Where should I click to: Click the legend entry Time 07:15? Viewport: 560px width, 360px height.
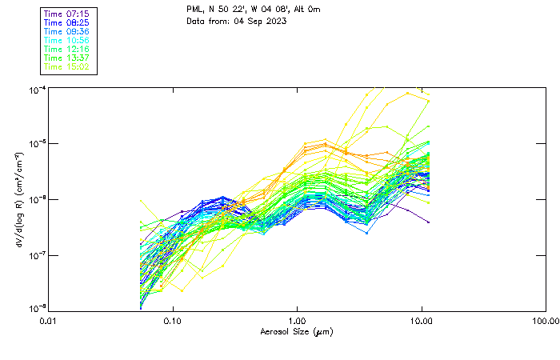[x=68, y=14]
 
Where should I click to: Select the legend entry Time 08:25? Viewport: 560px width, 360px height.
[x=68, y=22]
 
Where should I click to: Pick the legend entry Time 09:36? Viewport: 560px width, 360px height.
[x=68, y=31]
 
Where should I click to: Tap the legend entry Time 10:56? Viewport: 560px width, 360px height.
[x=68, y=40]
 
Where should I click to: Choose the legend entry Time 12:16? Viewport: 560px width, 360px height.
[x=68, y=49]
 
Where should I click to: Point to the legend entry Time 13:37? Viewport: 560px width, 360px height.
[x=68, y=58]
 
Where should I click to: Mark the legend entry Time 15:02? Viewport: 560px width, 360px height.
[x=68, y=66]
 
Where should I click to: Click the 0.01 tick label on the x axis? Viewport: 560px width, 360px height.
[x=49, y=322]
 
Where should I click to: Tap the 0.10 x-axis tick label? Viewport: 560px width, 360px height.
[x=173, y=322]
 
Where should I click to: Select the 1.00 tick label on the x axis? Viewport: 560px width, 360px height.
[x=298, y=322]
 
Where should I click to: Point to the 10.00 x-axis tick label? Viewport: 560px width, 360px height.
[x=422, y=322]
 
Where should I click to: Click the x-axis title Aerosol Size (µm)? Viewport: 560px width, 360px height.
[x=297, y=332]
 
